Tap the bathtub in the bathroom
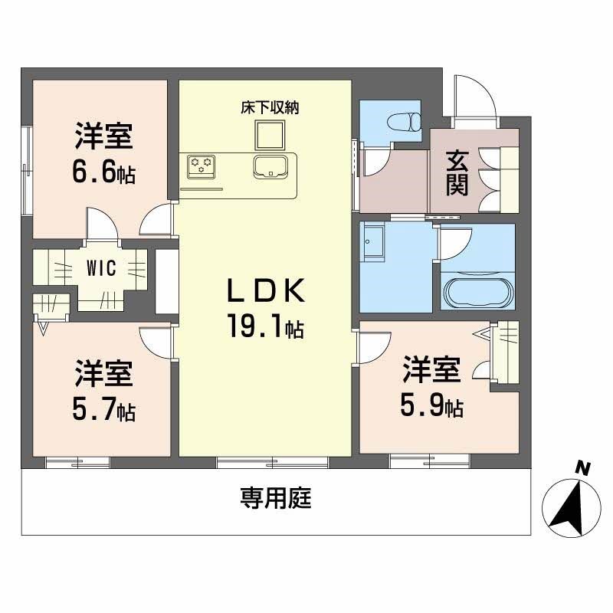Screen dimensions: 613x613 pyautogui.click(x=477, y=292)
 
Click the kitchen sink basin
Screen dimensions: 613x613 pyautogui.click(x=274, y=165)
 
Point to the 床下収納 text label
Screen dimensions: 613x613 pyautogui.click(x=269, y=108)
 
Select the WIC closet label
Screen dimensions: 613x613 pyautogui.click(x=101, y=269)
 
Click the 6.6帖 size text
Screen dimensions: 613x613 pyautogui.click(x=103, y=174)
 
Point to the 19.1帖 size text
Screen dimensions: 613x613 pyautogui.click(x=264, y=328)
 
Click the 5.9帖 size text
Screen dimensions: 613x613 pyautogui.click(x=431, y=407)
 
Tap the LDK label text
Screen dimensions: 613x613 pyautogui.click(x=265, y=292)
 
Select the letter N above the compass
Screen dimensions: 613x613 pyautogui.click(x=583, y=467)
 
